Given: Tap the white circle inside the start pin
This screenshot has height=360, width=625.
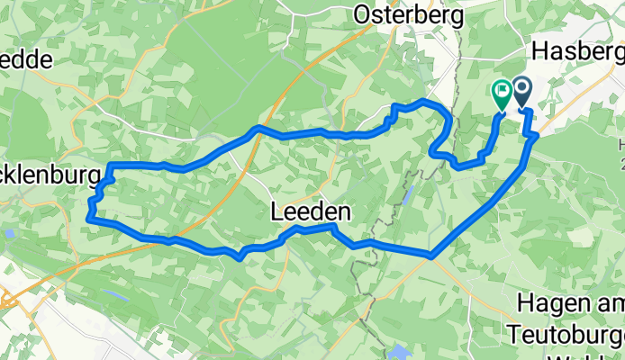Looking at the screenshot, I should pyautogui.click(x=521, y=88).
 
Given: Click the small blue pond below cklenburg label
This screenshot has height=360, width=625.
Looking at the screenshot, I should pyautogui.click(x=9, y=233).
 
